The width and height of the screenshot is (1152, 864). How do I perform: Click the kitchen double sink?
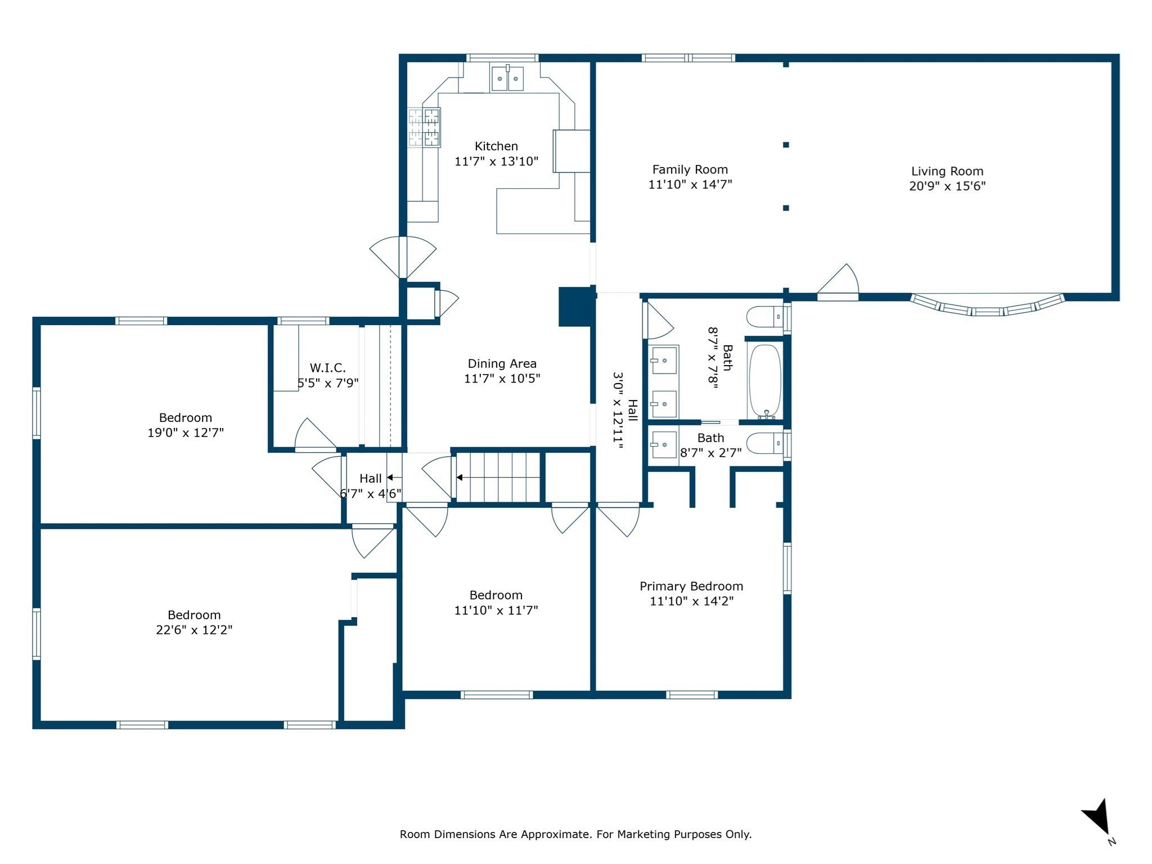(507, 79)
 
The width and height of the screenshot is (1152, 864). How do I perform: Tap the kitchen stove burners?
(424, 127)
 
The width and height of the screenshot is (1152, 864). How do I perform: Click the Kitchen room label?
(496, 146)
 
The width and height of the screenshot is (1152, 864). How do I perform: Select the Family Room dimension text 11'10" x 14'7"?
(690, 184)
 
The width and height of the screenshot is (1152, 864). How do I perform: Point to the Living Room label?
(947, 171)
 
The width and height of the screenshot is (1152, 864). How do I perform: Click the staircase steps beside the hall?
(498, 478)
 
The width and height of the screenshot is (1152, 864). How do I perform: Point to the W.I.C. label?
(327, 368)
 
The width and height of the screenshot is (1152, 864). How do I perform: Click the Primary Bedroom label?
(691, 586)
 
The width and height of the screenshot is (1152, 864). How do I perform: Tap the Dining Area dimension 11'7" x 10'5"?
(502, 379)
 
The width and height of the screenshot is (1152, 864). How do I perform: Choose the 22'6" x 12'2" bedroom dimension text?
(194, 630)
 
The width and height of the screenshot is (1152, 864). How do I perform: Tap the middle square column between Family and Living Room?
(786, 145)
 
